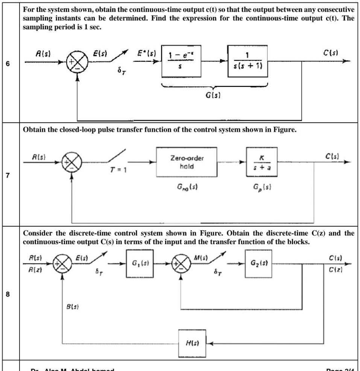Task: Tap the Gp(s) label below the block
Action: point(259,195)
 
